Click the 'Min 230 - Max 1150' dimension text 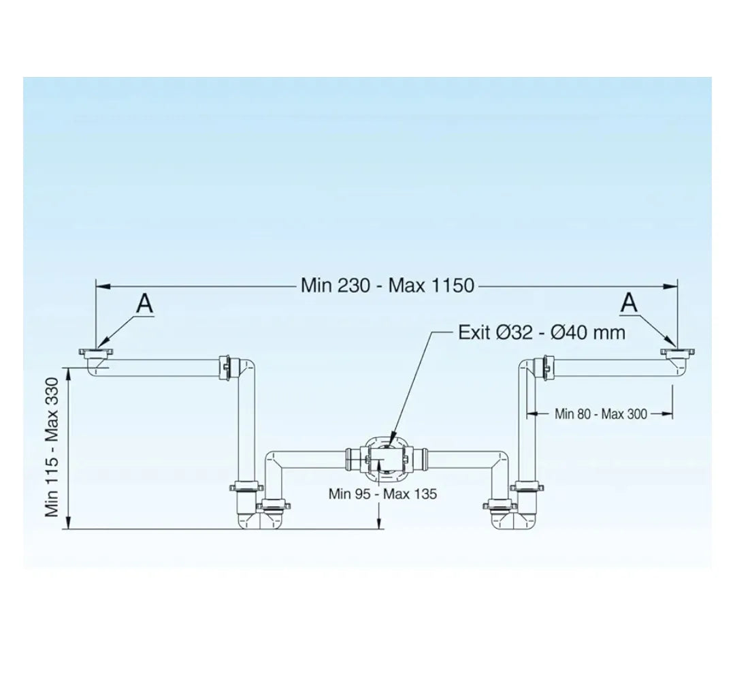click(387, 285)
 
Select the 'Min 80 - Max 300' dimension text click(600, 413)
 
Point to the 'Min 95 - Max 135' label click(382, 494)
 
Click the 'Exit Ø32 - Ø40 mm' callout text click(542, 332)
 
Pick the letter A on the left click(144, 303)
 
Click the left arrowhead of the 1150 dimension click(103, 285)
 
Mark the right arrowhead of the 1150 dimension click(670, 285)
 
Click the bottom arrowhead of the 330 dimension click(69, 522)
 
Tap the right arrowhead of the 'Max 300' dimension click(668, 413)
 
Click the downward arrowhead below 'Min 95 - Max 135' click(380, 524)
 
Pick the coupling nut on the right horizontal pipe click(546, 366)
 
